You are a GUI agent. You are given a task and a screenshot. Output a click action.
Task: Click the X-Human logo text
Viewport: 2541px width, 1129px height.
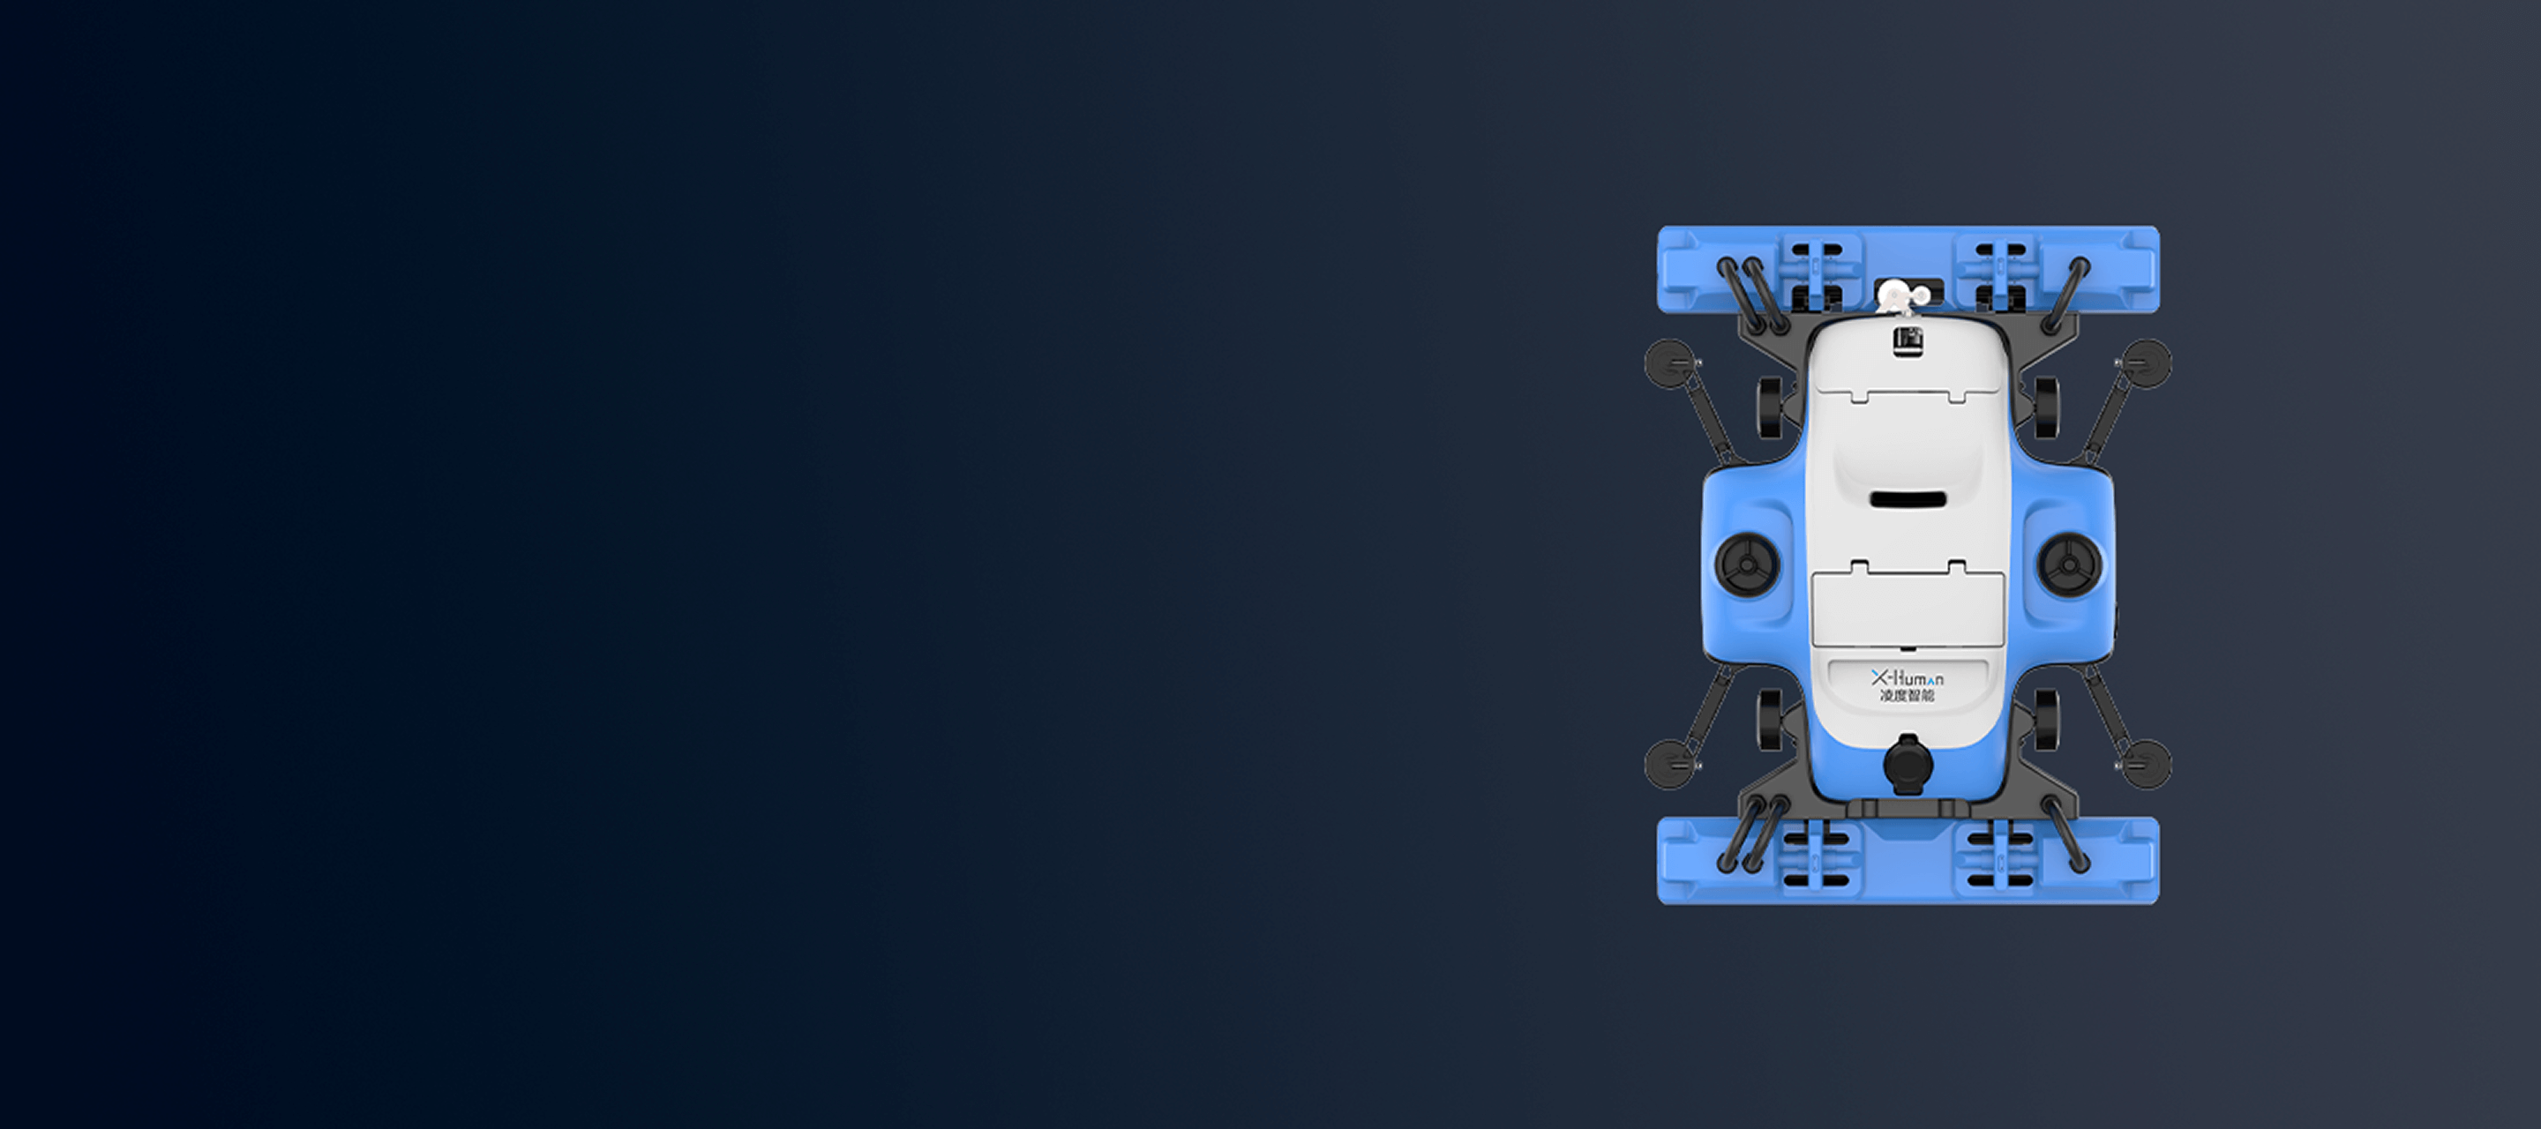(1908, 678)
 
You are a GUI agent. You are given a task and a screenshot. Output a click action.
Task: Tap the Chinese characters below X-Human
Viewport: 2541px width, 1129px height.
(1907, 696)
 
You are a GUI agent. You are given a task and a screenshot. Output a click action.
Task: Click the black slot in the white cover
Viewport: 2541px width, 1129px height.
(1908, 500)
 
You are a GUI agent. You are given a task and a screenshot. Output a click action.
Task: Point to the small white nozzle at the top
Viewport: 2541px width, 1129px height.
(1896, 295)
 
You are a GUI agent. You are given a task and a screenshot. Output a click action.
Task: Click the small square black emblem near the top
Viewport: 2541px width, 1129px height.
(1907, 340)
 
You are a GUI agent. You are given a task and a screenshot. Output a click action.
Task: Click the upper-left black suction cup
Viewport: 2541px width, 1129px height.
(1669, 363)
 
